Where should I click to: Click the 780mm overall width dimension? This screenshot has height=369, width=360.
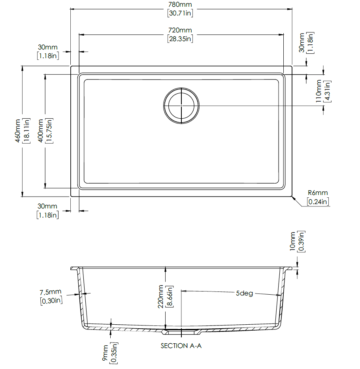(x=180, y=4)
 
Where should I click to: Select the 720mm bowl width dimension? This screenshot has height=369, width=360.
(x=180, y=30)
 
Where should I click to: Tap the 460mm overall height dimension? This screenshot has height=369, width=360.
(x=18, y=131)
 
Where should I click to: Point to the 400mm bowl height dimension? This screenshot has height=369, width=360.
(x=41, y=131)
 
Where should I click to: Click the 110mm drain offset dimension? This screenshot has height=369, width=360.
(x=319, y=91)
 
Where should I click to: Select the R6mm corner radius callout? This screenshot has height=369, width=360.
(x=318, y=193)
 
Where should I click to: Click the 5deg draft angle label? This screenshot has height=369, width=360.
(x=245, y=293)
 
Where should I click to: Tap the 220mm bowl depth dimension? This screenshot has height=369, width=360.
(x=160, y=297)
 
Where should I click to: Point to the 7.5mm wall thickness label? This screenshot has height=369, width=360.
(x=50, y=292)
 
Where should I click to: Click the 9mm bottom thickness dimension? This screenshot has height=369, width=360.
(x=105, y=353)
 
